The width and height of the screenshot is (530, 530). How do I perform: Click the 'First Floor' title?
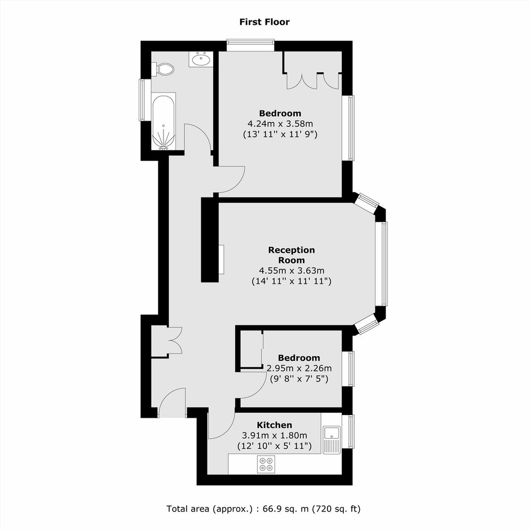pyautogui.click(x=264, y=22)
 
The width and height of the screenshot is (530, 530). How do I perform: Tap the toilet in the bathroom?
pyautogui.click(x=163, y=69)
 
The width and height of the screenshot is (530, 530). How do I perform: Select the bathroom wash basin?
pyautogui.click(x=201, y=60)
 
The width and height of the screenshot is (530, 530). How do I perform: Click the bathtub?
pyautogui.click(x=164, y=121)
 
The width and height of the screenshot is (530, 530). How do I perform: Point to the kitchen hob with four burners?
pyautogui.click(x=266, y=464)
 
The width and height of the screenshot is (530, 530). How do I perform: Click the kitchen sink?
pyautogui.click(x=332, y=439)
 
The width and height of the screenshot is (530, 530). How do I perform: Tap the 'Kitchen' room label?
pyautogui.click(x=275, y=425)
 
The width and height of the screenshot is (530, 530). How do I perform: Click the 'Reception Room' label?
pyautogui.click(x=291, y=255)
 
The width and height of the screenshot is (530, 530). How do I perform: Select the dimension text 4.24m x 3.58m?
pyautogui.click(x=280, y=124)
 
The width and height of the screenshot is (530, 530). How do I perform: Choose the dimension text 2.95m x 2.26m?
pyautogui.click(x=299, y=368)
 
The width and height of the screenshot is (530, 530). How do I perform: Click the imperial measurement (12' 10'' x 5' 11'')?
pyautogui.click(x=275, y=446)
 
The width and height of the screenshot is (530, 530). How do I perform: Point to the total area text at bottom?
pyautogui.click(x=264, y=509)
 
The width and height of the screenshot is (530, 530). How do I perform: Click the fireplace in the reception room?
pyautogui.click(x=221, y=259)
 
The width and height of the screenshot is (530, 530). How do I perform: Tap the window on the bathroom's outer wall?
pyautogui.click(x=143, y=100)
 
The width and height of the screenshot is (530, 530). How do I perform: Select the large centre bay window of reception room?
pyautogui.click(x=382, y=264)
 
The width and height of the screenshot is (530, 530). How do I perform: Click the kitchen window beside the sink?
pyautogui.click(x=348, y=432)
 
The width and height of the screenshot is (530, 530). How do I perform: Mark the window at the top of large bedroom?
pyautogui.click(x=250, y=46)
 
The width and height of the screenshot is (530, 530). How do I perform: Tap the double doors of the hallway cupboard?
pyautogui.click(x=175, y=341)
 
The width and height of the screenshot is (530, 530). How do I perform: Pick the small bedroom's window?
pyautogui.click(x=348, y=369)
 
